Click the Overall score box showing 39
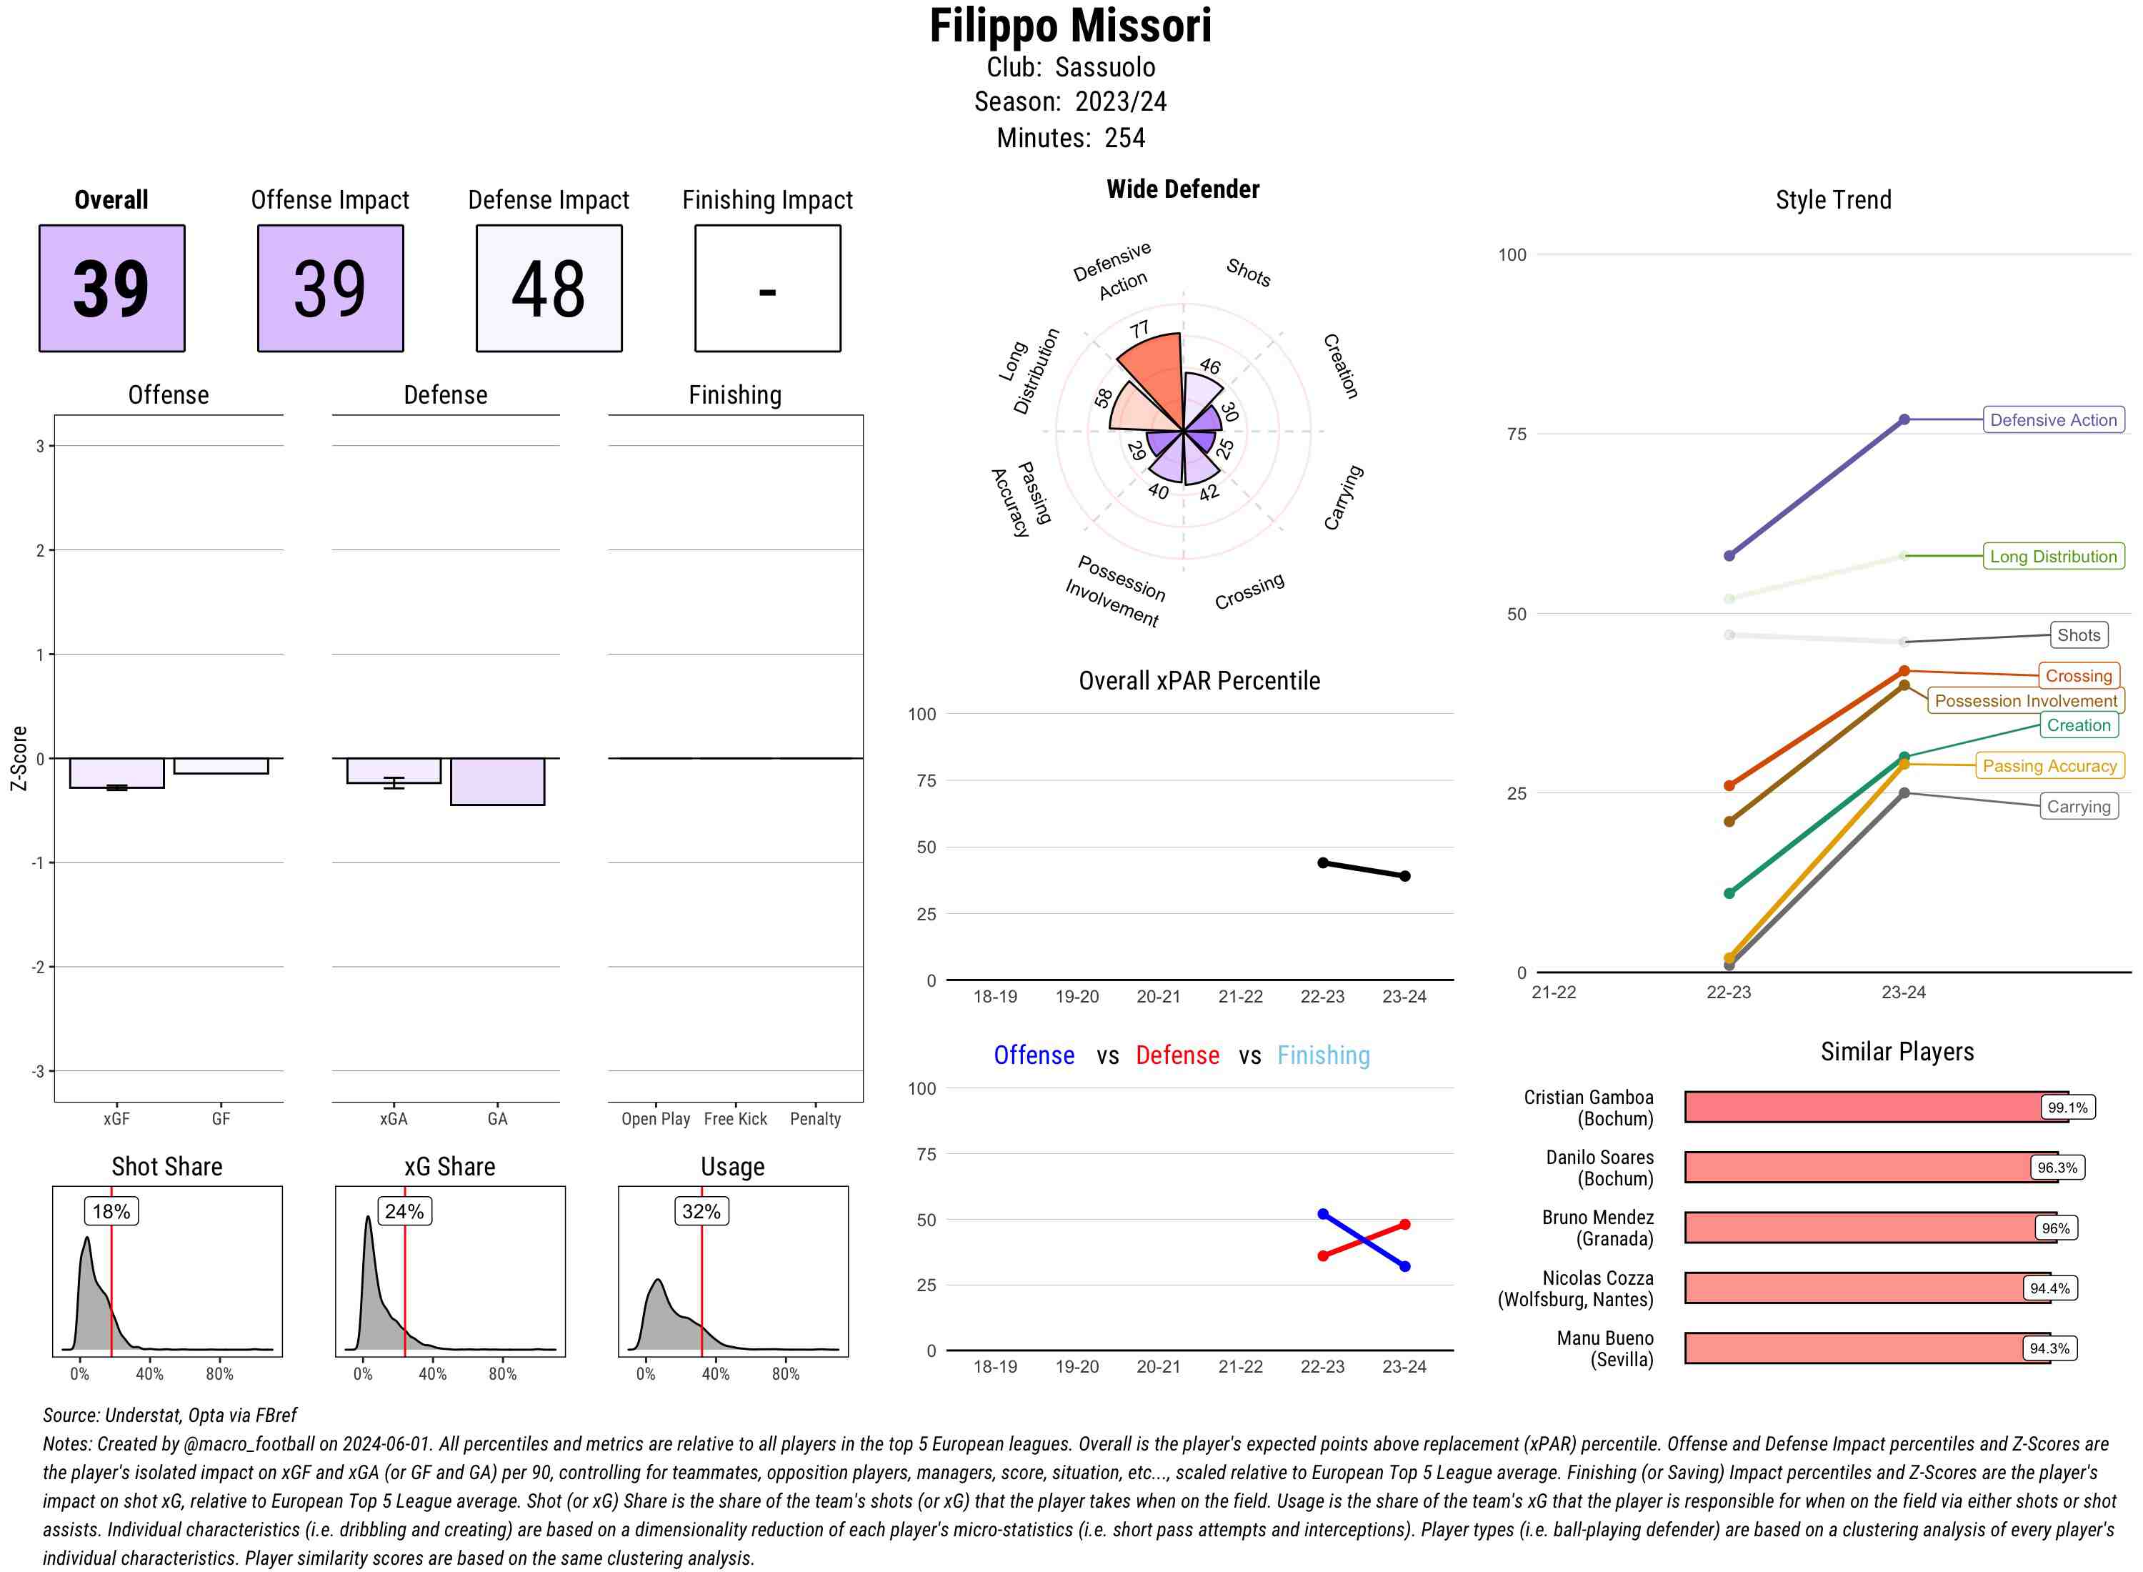tap(111, 289)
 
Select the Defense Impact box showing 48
tap(549, 289)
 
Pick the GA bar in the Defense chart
tap(497, 781)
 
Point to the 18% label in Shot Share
tap(111, 1211)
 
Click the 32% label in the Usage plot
tap(701, 1211)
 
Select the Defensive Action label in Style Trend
tap(2053, 419)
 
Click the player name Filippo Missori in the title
tap(1070, 26)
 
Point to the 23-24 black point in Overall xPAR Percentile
tap(1405, 875)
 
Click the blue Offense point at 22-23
tap(1323, 1214)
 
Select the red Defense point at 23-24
tap(1405, 1225)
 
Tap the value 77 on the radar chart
tap(1139, 330)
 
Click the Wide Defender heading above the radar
tap(1182, 189)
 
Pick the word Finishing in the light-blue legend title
tap(1323, 1055)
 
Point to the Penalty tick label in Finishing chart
tap(815, 1119)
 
